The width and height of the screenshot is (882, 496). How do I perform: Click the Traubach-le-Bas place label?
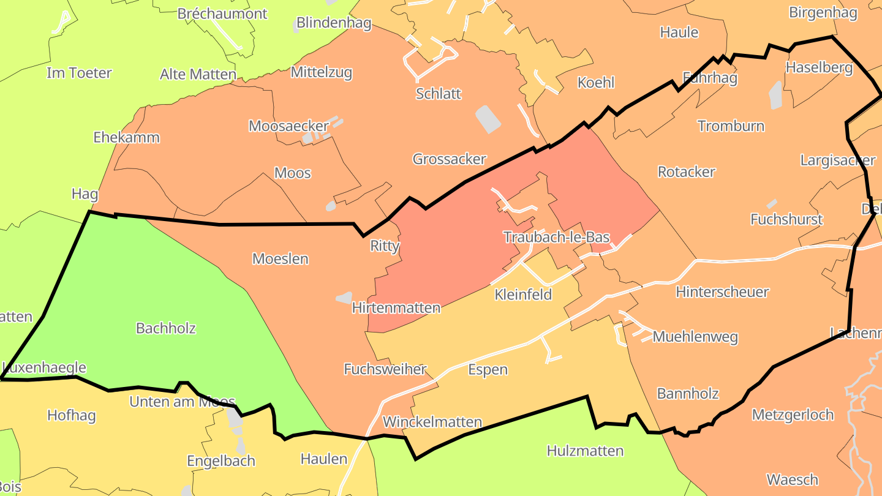pos(556,237)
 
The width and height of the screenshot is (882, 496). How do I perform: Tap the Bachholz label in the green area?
pos(166,328)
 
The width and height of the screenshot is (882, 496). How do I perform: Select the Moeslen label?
pos(281,259)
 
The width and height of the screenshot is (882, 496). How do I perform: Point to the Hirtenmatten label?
pos(396,307)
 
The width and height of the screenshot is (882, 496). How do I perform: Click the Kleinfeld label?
pos(523,295)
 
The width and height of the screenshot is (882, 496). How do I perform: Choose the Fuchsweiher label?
pos(385,369)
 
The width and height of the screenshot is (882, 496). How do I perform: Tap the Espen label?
pos(488,369)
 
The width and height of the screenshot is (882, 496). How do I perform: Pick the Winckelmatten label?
pos(432,422)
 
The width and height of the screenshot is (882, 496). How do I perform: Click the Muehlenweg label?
pos(695,337)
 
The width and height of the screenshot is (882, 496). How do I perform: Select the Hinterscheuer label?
pos(722,291)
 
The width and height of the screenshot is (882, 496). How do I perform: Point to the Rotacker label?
pos(686,172)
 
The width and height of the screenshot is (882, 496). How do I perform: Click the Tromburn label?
pos(731,126)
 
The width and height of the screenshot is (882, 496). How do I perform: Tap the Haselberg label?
pos(819,67)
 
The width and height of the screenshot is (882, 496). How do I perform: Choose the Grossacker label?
pos(449,159)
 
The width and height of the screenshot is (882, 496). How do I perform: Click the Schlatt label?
pos(438,94)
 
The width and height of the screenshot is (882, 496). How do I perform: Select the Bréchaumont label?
pos(222,13)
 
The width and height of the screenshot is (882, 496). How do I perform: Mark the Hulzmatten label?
pos(585,451)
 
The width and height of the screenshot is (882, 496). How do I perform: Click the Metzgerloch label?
pos(792,415)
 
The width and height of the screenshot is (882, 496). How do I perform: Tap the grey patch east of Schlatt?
pos(488,119)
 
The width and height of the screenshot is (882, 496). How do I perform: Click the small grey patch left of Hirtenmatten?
pos(344,298)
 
